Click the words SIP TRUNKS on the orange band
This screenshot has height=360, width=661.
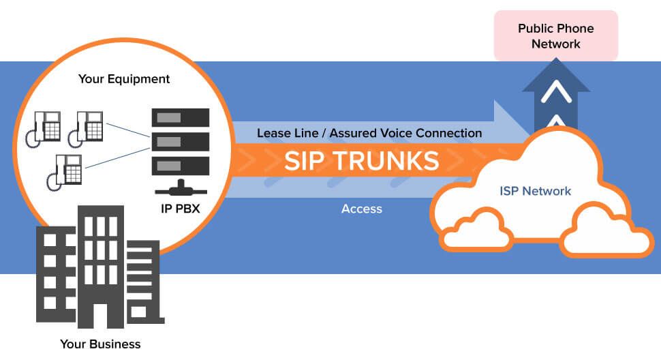pyautogui.click(x=361, y=161)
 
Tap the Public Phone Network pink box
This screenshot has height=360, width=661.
pyautogui.click(x=555, y=36)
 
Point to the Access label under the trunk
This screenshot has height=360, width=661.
pyautogui.click(x=361, y=209)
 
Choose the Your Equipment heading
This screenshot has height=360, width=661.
pyautogui.click(x=124, y=79)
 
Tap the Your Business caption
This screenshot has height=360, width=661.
pyautogui.click(x=100, y=344)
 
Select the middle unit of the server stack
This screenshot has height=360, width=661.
pyautogui.click(x=180, y=142)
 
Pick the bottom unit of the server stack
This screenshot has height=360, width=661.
pyautogui.click(x=180, y=165)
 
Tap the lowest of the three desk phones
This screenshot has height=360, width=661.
pyautogui.click(x=65, y=171)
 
